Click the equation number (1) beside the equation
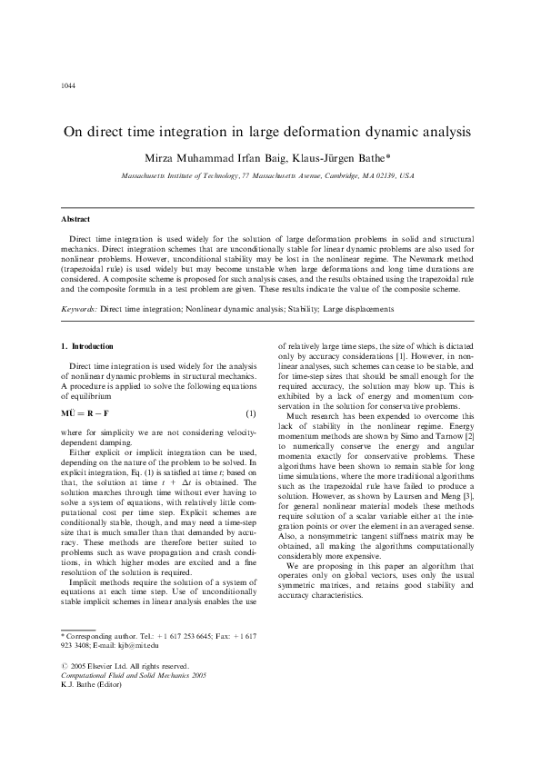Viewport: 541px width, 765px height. point(250,413)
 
